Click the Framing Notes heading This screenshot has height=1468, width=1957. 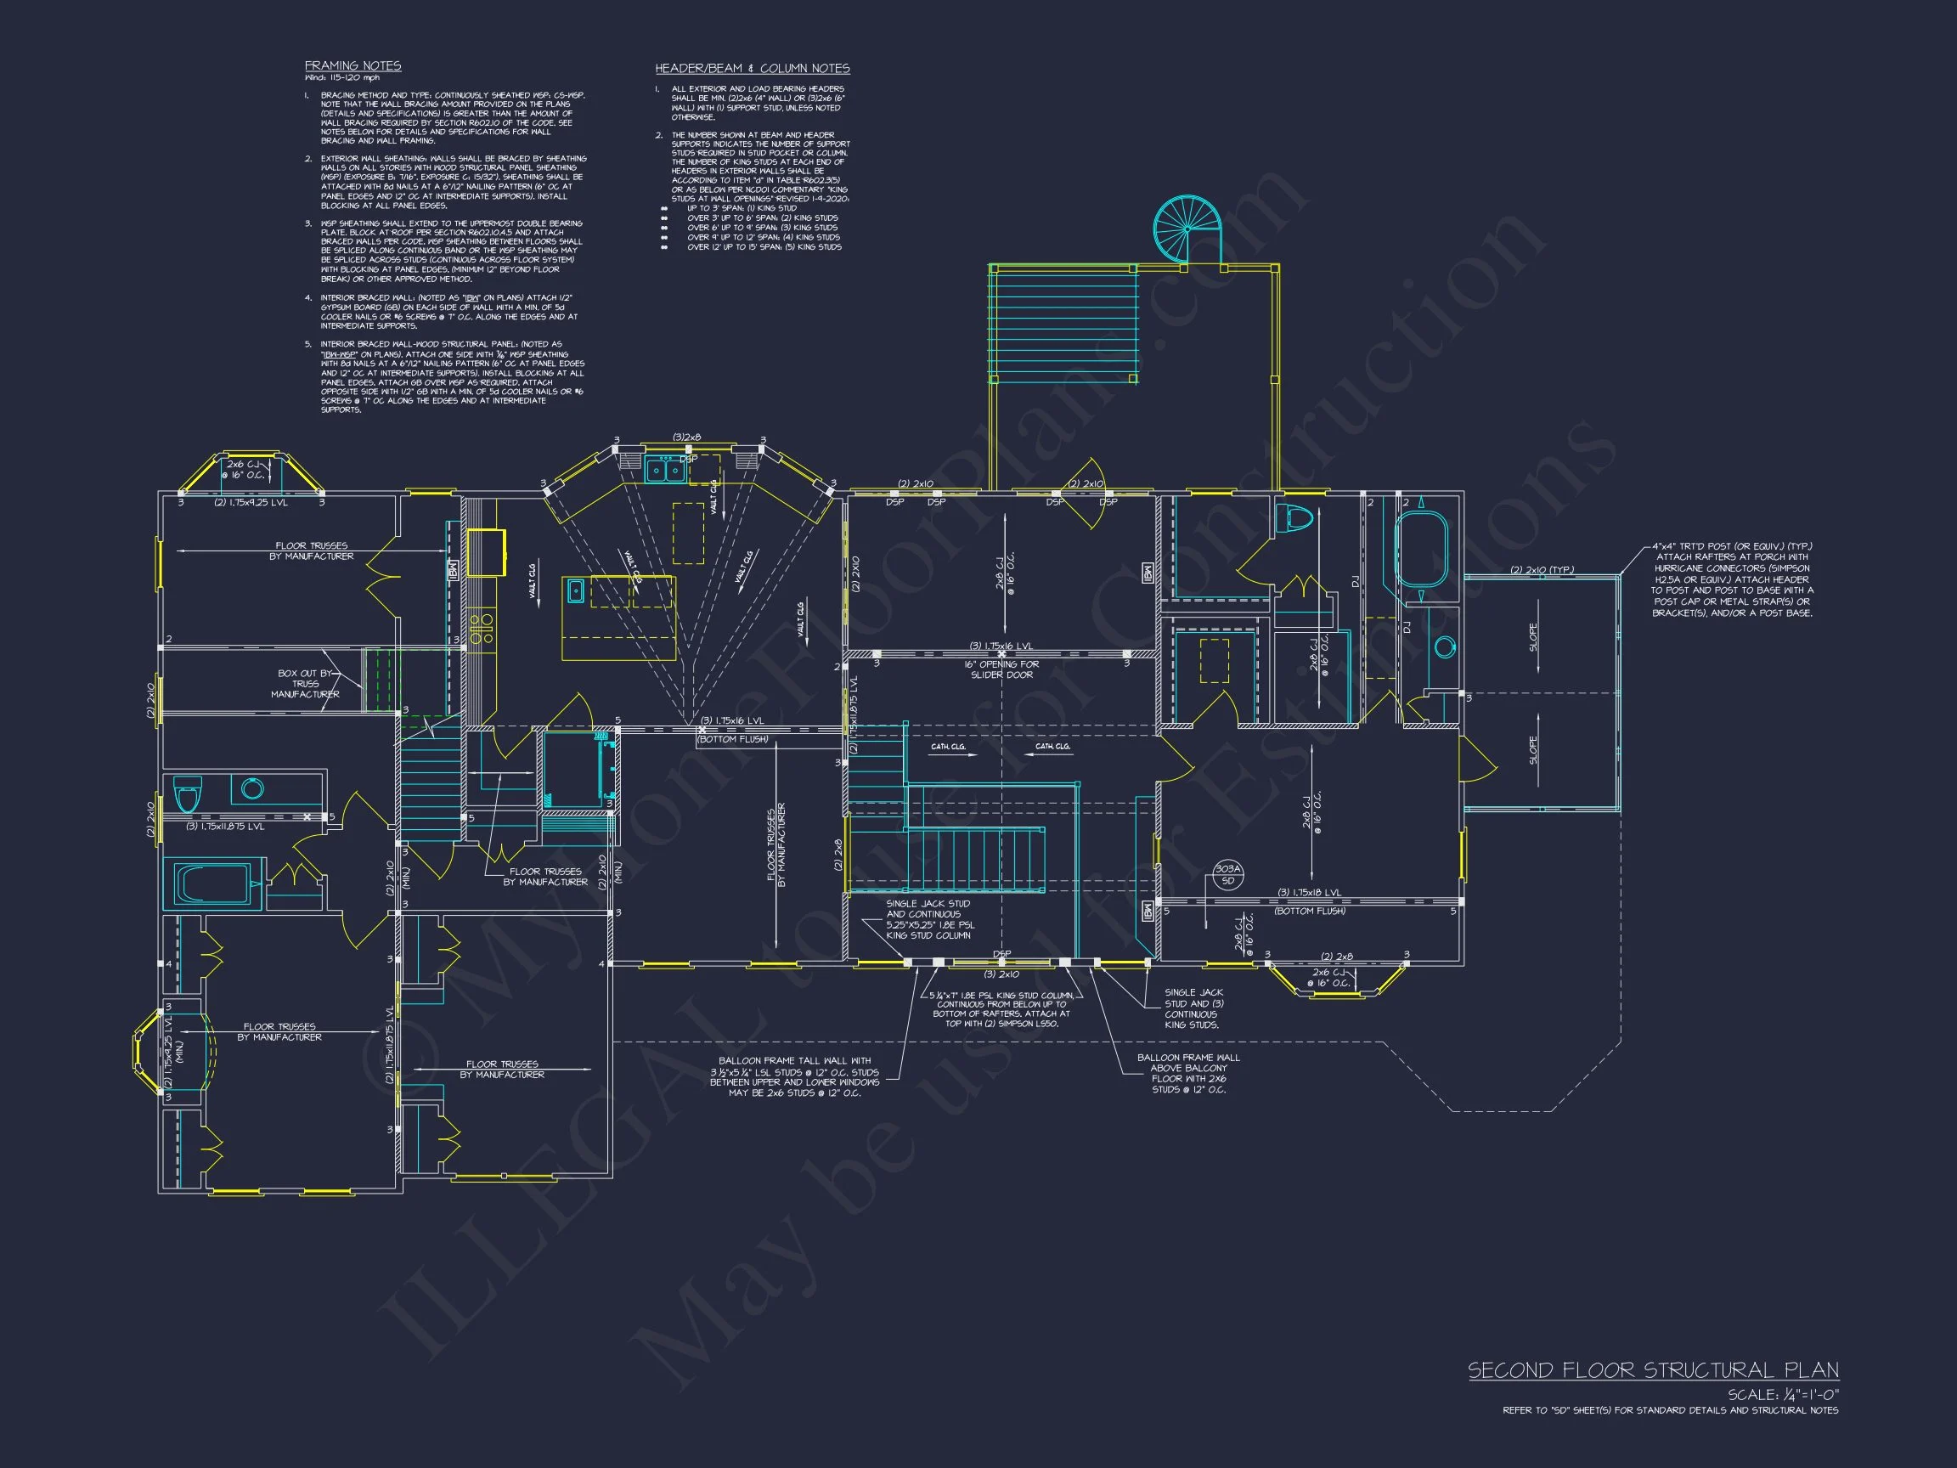pos(352,65)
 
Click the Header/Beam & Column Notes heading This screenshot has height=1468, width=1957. pos(752,68)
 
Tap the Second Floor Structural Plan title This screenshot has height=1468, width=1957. pos(1653,1370)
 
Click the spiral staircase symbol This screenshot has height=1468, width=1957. pos(1186,229)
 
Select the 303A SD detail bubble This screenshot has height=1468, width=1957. pos(1228,874)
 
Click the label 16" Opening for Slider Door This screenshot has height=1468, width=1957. pos(1001,669)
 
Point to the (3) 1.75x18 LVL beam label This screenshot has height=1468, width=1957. pos(1309,893)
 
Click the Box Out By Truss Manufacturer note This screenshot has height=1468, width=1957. pos(305,683)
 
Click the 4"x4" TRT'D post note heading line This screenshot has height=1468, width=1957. pos(1731,547)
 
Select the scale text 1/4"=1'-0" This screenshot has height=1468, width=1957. pos(1783,1395)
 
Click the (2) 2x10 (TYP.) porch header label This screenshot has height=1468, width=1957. pos(1541,570)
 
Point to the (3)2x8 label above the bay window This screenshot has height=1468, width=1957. pos(685,438)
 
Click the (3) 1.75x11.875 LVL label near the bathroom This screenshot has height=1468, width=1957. pos(225,827)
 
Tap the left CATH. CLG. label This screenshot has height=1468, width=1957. pos(948,747)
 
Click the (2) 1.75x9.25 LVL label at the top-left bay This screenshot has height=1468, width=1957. pos(251,503)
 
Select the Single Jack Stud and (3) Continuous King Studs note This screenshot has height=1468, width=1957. pos(1193,1008)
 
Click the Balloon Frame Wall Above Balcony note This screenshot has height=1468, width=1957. pos(1188,1073)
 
